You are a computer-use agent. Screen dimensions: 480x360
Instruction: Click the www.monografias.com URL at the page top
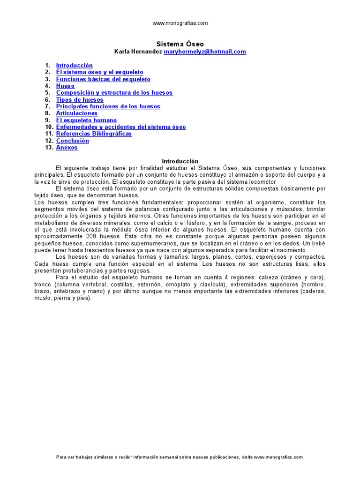[180, 23]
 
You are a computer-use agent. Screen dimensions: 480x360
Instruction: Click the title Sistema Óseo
[180, 44]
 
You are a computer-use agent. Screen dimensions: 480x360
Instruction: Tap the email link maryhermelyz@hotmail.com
[205, 52]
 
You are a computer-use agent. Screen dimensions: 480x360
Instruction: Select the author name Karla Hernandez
[138, 52]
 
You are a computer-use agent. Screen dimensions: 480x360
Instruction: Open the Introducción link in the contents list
[74, 66]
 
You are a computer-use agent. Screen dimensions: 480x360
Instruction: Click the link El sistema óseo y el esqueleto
[99, 72]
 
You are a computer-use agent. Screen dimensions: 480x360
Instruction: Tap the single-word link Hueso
[65, 86]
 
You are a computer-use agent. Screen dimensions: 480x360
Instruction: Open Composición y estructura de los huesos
[114, 93]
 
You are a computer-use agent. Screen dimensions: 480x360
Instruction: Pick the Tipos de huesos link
[80, 100]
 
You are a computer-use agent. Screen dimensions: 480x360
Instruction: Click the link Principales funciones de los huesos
[108, 106]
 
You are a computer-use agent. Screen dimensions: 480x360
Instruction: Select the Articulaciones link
[77, 113]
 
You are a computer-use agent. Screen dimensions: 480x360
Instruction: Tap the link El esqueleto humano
[86, 120]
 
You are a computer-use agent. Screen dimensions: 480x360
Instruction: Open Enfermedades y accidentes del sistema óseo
[121, 127]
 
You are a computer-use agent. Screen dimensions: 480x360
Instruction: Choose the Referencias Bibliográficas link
[94, 134]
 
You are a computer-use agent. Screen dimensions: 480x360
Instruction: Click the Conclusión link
[72, 141]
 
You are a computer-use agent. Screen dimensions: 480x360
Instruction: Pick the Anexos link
[67, 148]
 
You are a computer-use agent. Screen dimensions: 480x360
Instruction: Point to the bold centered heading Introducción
[180, 161]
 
